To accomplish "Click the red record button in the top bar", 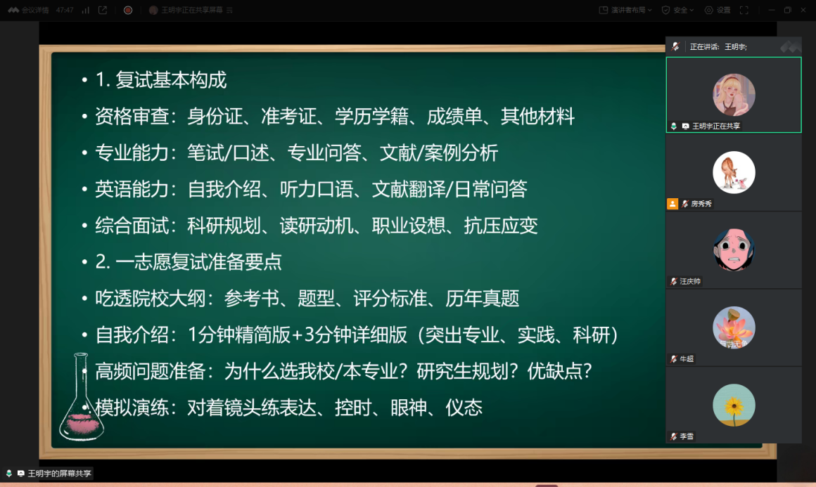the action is point(128,10).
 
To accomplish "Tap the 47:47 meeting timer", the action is point(65,10).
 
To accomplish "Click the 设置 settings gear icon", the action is point(709,10).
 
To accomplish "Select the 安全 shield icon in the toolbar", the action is point(665,10).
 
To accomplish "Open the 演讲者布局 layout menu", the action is point(625,10).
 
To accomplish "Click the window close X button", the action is point(803,10).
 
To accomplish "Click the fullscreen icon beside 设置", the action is point(744,10).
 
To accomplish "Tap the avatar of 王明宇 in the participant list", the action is point(734,95).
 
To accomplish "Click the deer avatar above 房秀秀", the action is point(734,173).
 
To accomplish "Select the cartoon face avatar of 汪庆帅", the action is point(734,250).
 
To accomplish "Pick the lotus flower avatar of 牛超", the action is point(734,327).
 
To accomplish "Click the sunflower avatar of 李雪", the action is point(734,405).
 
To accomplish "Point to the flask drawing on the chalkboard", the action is point(81,398).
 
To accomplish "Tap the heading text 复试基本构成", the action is point(171,80).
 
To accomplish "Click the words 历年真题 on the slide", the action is point(483,299).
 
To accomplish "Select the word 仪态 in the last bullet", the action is point(464,408).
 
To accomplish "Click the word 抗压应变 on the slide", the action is point(501,226).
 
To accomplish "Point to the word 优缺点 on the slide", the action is point(554,371).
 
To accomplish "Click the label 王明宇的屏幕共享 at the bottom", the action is point(59,474).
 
